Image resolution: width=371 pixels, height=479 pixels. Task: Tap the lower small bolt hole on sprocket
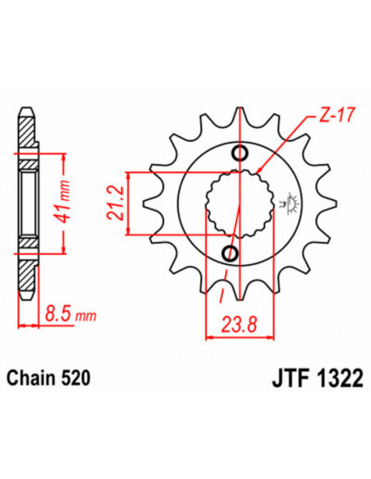tap(230, 251)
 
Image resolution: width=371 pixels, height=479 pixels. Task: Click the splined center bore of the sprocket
tap(235, 203)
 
